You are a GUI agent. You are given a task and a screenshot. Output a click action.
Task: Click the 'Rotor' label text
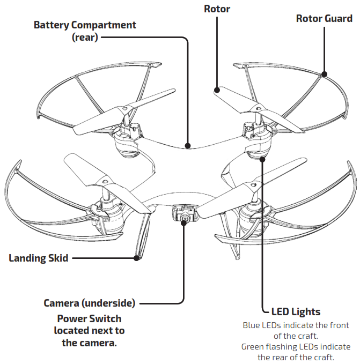(x=217, y=9)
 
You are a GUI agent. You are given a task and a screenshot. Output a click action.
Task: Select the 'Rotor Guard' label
(x=324, y=19)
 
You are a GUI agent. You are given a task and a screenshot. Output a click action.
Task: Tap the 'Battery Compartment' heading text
(x=85, y=25)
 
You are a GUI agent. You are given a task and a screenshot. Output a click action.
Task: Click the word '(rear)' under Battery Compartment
(x=85, y=38)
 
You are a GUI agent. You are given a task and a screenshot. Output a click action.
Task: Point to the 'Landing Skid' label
(x=38, y=258)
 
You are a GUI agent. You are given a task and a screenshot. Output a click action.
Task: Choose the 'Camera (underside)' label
(x=89, y=303)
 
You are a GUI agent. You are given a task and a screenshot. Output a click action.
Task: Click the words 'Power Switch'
(x=89, y=318)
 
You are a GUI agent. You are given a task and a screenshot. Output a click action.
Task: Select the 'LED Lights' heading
(x=296, y=311)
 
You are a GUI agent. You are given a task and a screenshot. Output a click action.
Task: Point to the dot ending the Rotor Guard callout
(x=324, y=73)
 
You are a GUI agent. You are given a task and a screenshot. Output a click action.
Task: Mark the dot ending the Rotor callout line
(x=217, y=90)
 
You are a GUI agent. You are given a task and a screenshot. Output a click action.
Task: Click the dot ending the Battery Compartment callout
(x=187, y=145)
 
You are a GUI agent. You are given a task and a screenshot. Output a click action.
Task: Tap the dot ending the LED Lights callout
(x=262, y=159)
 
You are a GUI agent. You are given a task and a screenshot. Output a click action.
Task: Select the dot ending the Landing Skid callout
(x=136, y=258)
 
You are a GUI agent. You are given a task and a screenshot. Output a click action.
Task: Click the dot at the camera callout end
(x=184, y=224)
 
